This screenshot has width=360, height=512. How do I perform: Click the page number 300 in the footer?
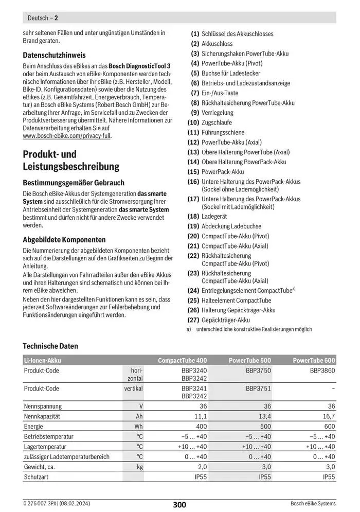click(179, 505)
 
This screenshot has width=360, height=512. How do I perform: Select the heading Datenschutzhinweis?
click(55, 55)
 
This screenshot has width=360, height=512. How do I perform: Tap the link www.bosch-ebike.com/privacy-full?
click(67, 136)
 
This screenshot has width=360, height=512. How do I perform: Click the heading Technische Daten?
click(50, 346)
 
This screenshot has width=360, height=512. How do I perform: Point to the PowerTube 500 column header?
click(249, 361)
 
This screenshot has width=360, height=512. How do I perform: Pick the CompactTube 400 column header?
click(182, 361)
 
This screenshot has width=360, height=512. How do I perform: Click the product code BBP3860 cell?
click(322, 370)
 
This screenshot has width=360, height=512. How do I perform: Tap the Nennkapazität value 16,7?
click(328, 416)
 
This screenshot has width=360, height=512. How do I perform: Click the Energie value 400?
click(201, 427)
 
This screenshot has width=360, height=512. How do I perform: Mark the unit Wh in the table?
click(138, 427)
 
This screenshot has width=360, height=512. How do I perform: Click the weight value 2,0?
click(202, 467)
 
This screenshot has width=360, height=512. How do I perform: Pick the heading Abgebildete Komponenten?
click(64, 240)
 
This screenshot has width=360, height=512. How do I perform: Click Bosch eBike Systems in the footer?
click(313, 504)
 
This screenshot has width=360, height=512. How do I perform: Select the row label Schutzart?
click(36, 477)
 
